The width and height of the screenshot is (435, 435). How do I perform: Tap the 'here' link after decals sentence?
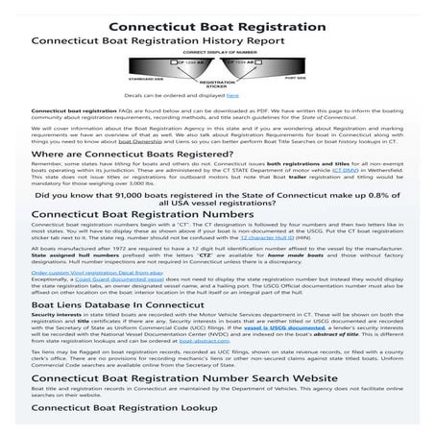pos(233,96)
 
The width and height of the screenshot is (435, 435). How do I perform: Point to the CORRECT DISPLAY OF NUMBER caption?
pos(217,53)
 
